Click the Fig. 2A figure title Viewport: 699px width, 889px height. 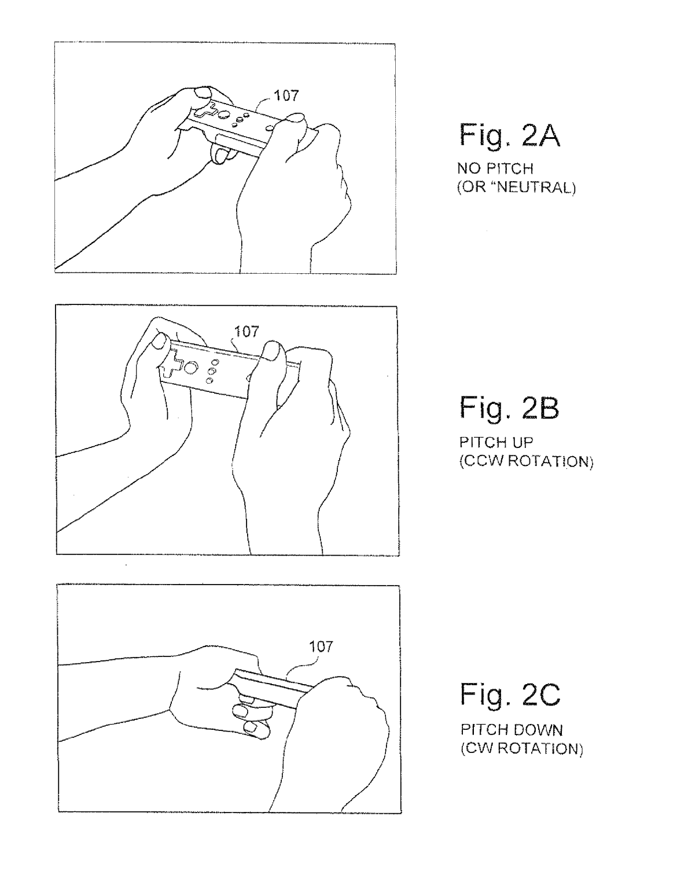(509, 135)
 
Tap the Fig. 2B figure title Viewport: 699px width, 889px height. (509, 408)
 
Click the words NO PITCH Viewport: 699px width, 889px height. (495, 168)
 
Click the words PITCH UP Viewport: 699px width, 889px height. (496, 442)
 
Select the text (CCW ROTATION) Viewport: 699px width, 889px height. (526, 461)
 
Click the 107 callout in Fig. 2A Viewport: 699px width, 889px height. (286, 96)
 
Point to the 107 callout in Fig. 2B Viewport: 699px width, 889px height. (247, 332)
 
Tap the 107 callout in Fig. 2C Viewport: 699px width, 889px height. (321, 646)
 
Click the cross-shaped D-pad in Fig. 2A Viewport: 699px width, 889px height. (205, 111)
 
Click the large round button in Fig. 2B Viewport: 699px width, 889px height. (190, 368)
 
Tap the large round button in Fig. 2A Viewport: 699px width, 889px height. (225, 115)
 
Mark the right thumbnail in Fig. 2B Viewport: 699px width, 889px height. (271, 350)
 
